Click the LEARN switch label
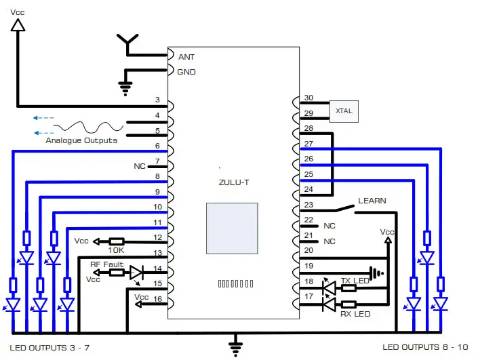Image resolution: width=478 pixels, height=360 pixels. coord(372,201)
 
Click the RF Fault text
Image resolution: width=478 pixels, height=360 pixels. coord(106,264)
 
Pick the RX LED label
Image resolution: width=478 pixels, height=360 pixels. coord(355,313)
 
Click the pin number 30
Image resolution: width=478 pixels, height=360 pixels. coord(308,98)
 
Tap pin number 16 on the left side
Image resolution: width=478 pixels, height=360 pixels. coord(157,298)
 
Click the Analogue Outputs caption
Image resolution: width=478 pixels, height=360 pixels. coord(81,140)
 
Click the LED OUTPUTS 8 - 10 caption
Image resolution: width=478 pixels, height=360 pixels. coord(425,347)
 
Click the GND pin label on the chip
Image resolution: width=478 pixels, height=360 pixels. coord(186,71)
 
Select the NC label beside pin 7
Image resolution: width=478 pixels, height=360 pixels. coord(140,165)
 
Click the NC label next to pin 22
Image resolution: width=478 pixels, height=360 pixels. coord(330,225)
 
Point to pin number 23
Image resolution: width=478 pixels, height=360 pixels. coord(308,205)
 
